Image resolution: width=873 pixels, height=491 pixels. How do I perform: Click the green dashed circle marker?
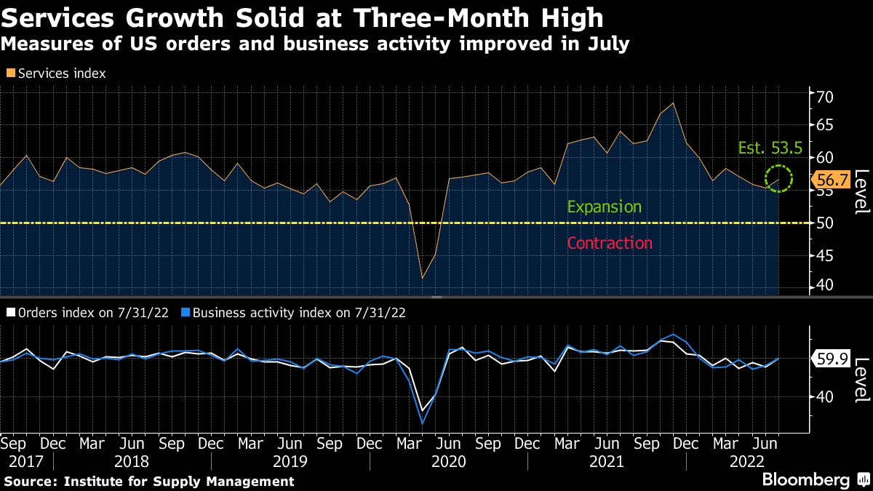click(779, 177)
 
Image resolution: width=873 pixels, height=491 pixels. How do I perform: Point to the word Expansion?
click(604, 207)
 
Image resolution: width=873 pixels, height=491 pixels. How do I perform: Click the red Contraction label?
click(609, 243)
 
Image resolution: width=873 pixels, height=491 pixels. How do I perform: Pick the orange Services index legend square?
click(10, 73)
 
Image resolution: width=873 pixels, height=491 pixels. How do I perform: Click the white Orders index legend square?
click(10, 313)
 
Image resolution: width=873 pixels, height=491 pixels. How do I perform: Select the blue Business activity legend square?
click(186, 313)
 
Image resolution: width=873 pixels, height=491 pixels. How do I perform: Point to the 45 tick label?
click(824, 255)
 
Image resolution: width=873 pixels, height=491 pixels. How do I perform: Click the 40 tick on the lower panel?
click(824, 396)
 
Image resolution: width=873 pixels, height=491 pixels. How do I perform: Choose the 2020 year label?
click(448, 461)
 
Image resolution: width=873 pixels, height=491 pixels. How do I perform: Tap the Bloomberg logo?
click(806, 480)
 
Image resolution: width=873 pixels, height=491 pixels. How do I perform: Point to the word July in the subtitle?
click(606, 44)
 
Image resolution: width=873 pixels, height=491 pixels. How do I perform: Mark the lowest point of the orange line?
click(423, 278)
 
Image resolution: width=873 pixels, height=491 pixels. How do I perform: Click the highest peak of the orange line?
click(674, 103)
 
